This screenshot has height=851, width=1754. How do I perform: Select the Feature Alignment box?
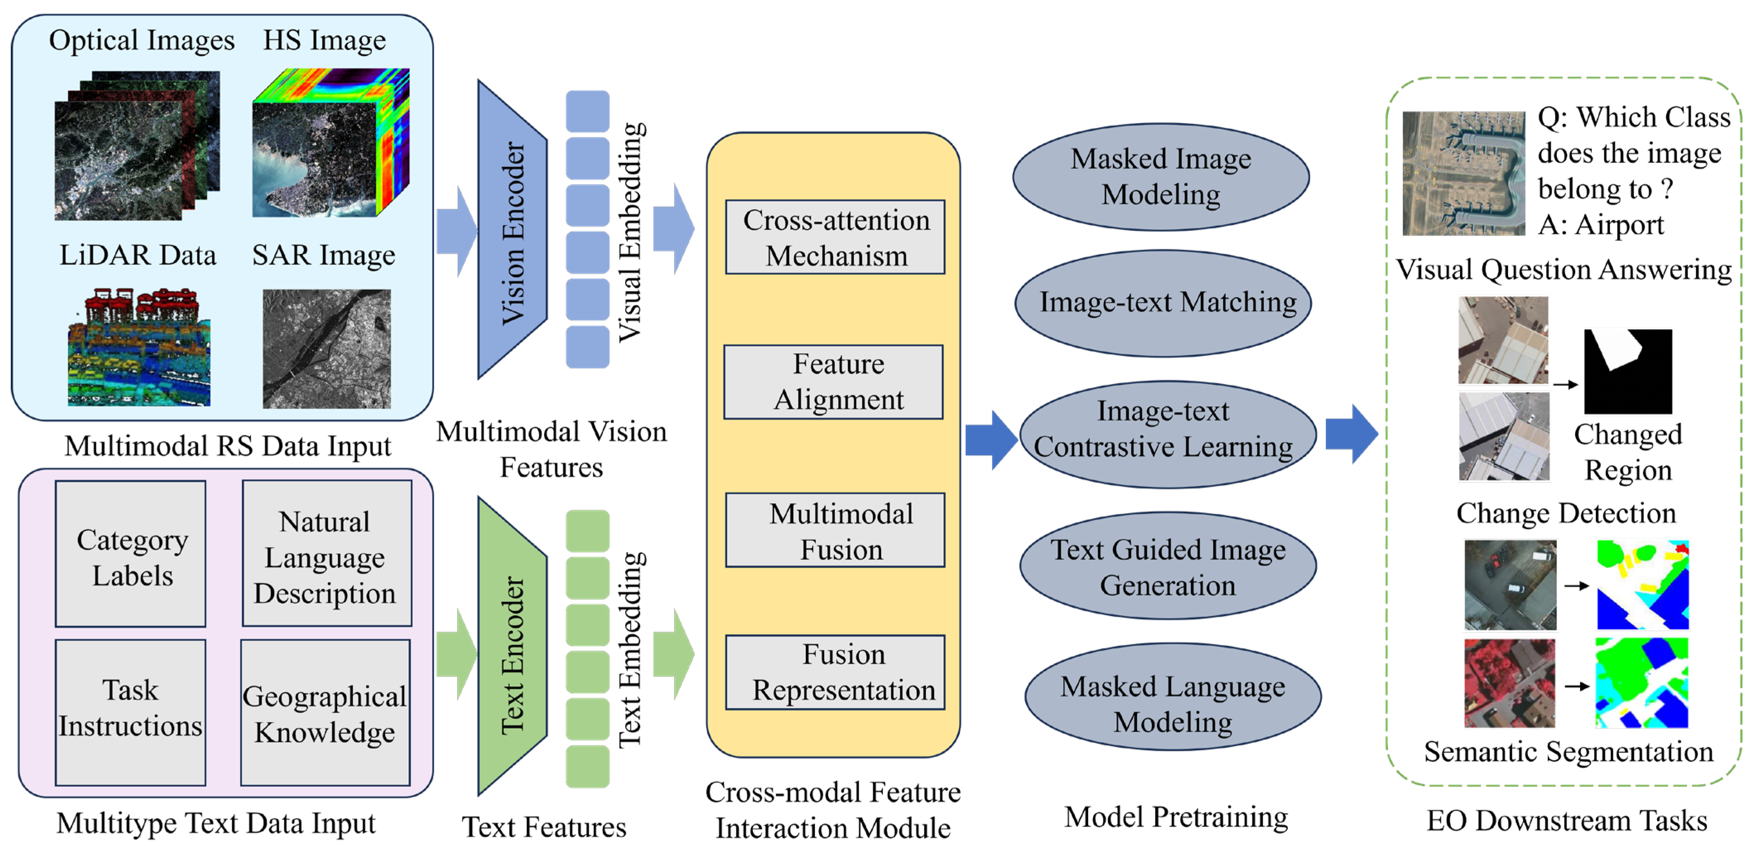click(x=834, y=382)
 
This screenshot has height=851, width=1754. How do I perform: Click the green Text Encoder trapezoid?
click(x=512, y=647)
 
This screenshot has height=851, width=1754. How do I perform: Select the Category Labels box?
click(x=131, y=554)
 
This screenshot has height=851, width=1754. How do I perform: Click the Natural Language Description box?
click(x=327, y=554)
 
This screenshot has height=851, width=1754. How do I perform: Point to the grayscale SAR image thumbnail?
click(x=327, y=349)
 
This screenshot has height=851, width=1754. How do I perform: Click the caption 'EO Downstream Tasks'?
click(x=1566, y=820)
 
